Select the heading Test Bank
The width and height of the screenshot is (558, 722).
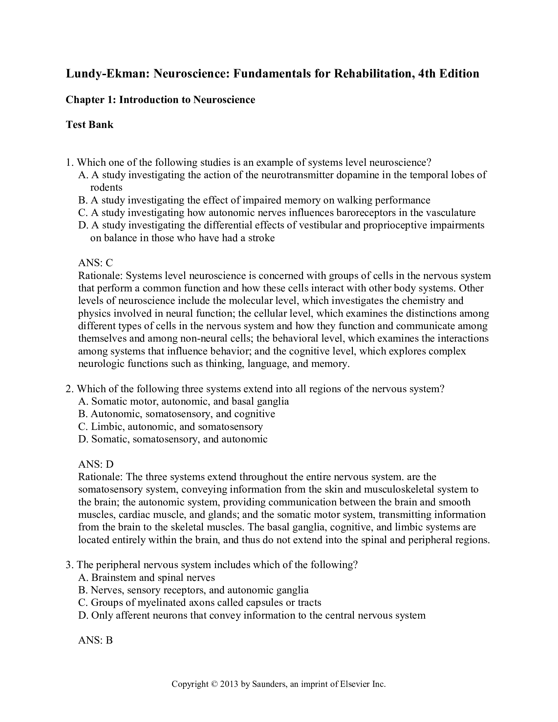90,125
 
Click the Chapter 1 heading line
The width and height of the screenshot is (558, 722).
160,100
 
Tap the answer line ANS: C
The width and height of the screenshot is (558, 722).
96,263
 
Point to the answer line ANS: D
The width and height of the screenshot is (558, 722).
96,464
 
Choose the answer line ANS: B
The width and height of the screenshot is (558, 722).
96,640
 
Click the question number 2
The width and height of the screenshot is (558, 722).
69,389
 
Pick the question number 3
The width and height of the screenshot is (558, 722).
69,565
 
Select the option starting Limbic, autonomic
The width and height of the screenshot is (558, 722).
171,426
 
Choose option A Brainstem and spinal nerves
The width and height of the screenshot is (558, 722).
147,578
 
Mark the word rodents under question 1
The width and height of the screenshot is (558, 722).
106,187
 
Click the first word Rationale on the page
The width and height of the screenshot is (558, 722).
100,276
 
